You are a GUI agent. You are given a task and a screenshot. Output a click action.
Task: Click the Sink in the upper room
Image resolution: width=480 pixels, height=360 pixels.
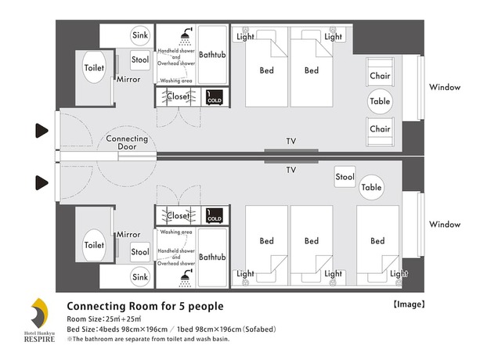[140, 36]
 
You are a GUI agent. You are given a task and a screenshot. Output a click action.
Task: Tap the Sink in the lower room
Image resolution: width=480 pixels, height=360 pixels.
[140, 276]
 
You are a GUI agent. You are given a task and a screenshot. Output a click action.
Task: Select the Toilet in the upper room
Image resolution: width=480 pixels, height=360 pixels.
[94, 68]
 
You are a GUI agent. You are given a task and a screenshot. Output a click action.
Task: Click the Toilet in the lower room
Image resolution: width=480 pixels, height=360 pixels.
[94, 245]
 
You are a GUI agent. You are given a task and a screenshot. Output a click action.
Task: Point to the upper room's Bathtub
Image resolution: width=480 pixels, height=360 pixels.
[212, 56]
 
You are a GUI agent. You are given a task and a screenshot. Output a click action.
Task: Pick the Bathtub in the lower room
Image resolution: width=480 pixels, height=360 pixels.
[212, 257]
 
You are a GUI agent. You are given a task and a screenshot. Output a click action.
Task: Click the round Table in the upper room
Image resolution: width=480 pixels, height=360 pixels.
[381, 102]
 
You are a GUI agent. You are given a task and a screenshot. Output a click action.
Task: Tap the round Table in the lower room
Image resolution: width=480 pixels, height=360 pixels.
[371, 188]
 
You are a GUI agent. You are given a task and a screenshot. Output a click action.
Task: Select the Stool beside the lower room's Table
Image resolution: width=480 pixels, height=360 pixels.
[345, 177]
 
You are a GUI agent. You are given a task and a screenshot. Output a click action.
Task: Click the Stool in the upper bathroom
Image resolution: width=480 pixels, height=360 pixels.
[140, 60]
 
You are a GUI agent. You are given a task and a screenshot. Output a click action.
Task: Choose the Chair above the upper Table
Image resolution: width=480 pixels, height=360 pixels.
[380, 76]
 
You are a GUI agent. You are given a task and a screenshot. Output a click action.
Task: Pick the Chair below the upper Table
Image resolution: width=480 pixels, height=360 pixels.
[380, 128]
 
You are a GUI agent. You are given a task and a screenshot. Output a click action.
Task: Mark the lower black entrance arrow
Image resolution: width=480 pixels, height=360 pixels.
[41, 183]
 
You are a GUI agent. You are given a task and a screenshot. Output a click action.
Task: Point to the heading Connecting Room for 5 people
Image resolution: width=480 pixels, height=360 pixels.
[145, 306]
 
